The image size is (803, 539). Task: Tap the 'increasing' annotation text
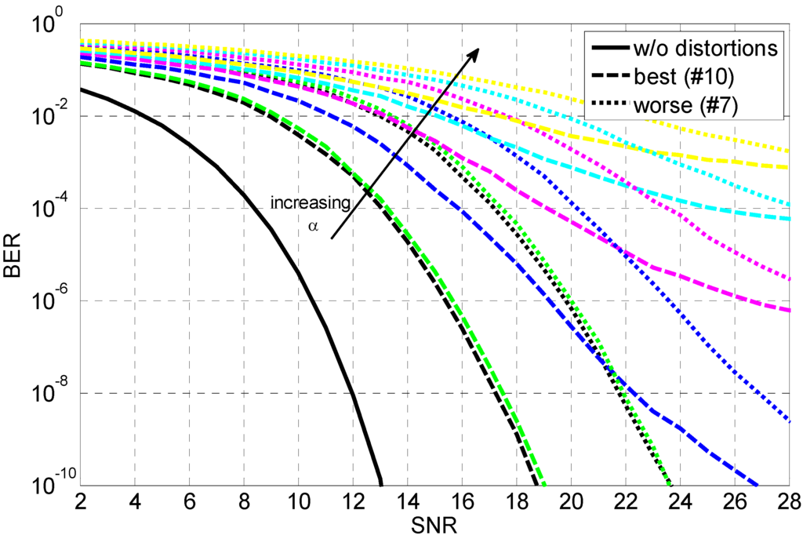click(x=311, y=202)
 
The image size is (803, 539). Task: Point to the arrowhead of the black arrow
click(x=476, y=49)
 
